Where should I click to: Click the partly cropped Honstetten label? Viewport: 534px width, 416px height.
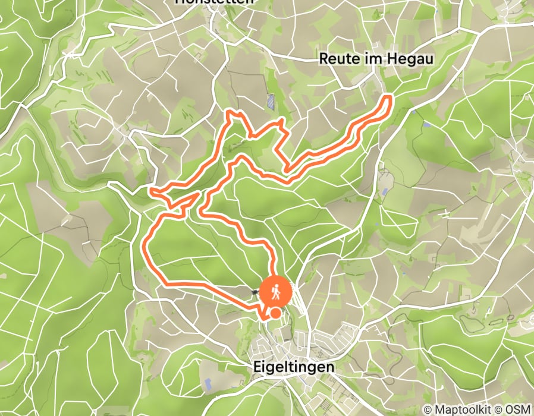[x=215, y=2]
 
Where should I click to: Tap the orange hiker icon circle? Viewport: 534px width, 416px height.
[x=275, y=292]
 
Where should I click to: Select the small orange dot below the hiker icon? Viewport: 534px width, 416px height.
[x=276, y=313]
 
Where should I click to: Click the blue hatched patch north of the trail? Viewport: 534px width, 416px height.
[x=271, y=102]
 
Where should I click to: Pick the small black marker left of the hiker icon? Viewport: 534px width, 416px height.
[x=255, y=292]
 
